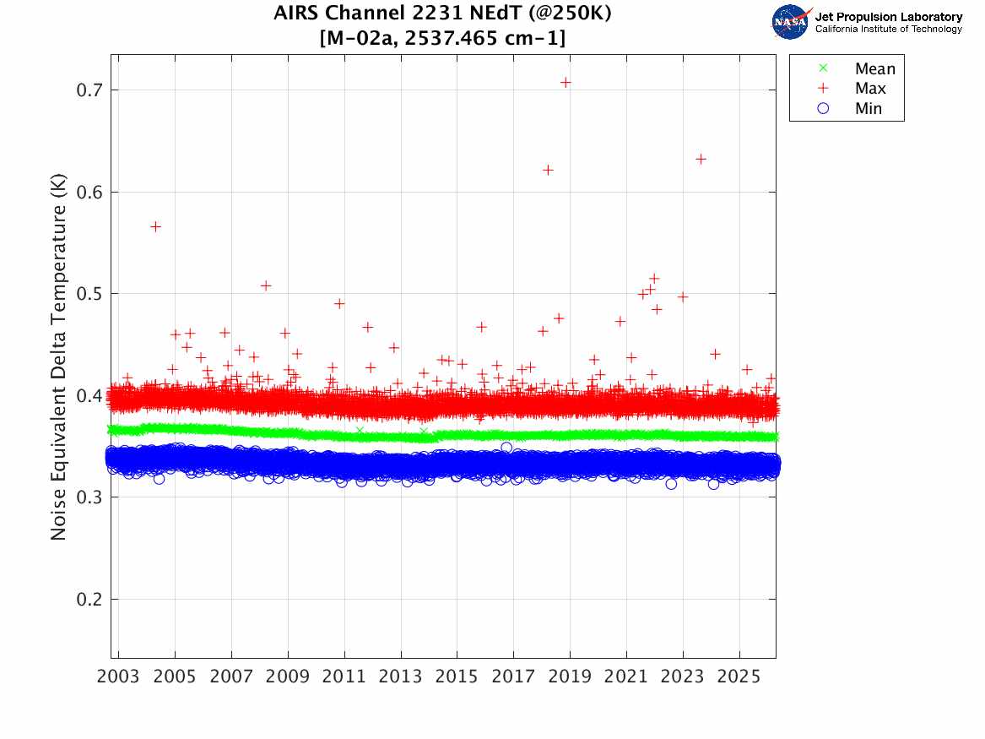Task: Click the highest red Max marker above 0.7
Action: pyautogui.click(x=566, y=82)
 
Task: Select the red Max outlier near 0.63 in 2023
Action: pyautogui.click(x=701, y=159)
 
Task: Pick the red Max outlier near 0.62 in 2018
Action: pyautogui.click(x=548, y=170)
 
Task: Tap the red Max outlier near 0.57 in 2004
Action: pyautogui.click(x=155, y=226)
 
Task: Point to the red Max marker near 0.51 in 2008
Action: pyautogui.click(x=266, y=285)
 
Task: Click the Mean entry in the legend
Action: pyautogui.click(x=874, y=68)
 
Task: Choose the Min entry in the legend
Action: pyautogui.click(x=868, y=109)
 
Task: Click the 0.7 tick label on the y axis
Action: pyautogui.click(x=89, y=90)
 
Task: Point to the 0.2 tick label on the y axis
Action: pyautogui.click(x=89, y=600)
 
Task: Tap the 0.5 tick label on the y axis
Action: pyautogui.click(x=89, y=294)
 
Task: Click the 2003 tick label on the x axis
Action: pyautogui.click(x=119, y=677)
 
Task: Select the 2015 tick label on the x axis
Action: pyautogui.click(x=457, y=677)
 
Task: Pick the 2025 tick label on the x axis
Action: pyautogui.click(x=739, y=677)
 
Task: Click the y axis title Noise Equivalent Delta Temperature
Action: pyautogui.click(x=58, y=361)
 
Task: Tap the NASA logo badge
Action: pyautogui.click(x=792, y=22)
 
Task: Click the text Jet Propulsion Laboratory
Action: pyautogui.click(x=888, y=17)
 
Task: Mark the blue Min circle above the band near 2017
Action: pyautogui.click(x=506, y=448)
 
